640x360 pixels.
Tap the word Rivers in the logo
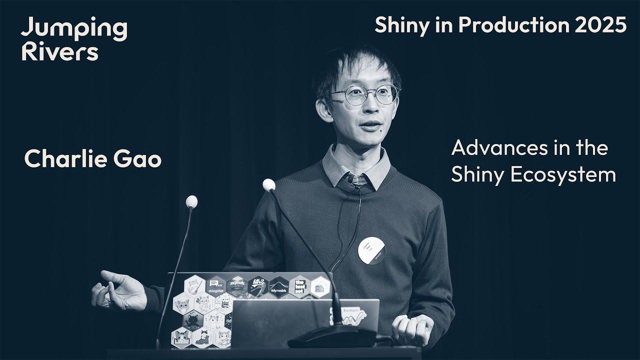pos(59,52)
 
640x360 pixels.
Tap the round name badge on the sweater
pos(371,250)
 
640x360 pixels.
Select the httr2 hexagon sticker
pos(257,286)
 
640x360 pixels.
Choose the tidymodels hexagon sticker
pos(278,286)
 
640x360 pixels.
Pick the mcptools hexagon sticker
pos(237,286)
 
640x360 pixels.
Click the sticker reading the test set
pos(299,286)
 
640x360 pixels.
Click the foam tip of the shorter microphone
pos(191,201)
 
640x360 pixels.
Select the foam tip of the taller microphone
pos(268,185)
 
